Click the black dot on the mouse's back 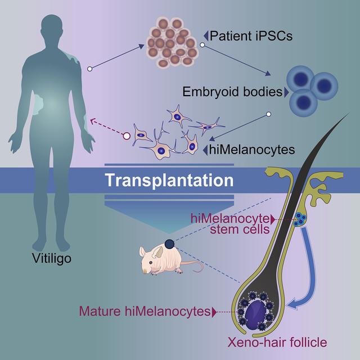pyautogui.click(x=169, y=244)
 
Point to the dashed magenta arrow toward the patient pyautogui.click(x=107, y=128)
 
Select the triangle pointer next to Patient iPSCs pyautogui.click(x=206, y=37)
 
